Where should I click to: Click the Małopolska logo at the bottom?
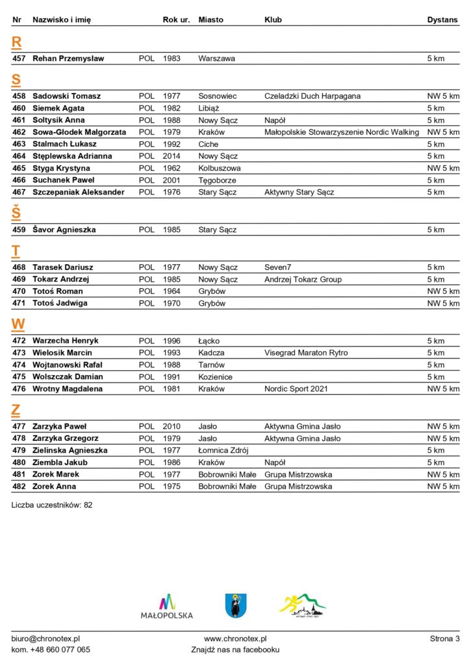pos(167,606)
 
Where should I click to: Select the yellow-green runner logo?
pos(303,606)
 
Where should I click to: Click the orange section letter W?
pos(18,325)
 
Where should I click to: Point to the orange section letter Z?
pos(16,410)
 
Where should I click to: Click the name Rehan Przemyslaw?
pos(68,59)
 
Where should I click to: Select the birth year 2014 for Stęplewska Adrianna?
pos(172,156)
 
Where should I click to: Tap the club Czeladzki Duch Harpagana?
pos(312,96)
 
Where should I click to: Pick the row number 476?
pos(19,389)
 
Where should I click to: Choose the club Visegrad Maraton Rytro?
pos(306,353)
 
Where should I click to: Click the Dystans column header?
pos(442,20)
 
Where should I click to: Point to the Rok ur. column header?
pos(176,20)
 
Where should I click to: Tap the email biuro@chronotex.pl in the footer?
pos(45,639)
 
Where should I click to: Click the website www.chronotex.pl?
pos(235,639)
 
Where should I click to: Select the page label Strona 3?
pos(444,639)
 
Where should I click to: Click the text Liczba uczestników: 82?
pos(52,505)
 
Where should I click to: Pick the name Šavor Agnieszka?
pos(64,230)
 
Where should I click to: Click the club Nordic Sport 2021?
pos(296,389)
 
